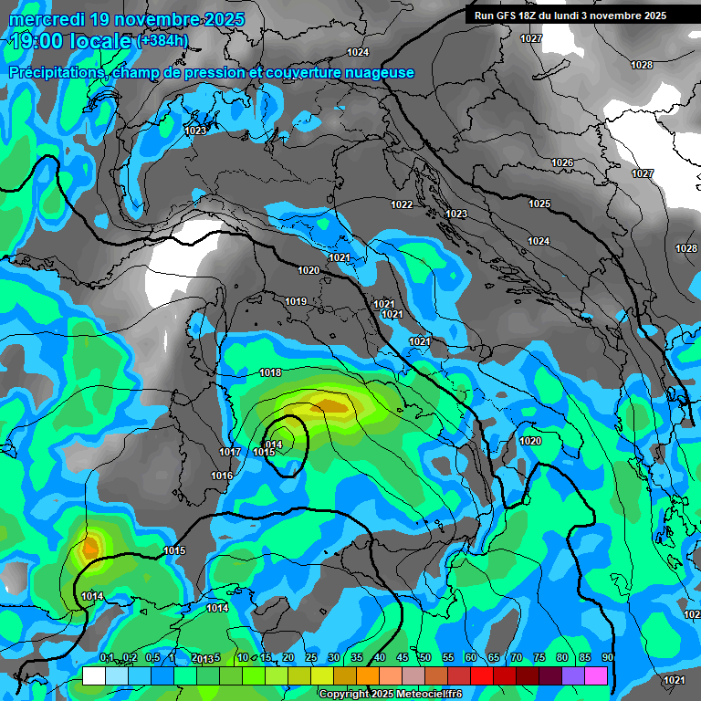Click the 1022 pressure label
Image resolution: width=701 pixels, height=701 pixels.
pyautogui.click(x=402, y=204)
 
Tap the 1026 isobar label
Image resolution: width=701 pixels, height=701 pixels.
pyautogui.click(x=562, y=162)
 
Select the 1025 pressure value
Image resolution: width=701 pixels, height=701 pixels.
pyautogui.click(x=539, y=204)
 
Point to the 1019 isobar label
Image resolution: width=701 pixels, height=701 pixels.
pyautogui.click(x=296, y=301)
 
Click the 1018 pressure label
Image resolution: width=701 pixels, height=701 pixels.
pyautogui.click(x=270, y=372)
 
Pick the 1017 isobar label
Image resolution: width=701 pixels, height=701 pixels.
pyautogui.click(x=230, y=452)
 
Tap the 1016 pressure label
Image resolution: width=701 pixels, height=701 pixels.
pyautogui.click(x=222, y=476)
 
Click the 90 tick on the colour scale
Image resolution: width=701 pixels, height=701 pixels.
pyautogui.click(x=607, y=657)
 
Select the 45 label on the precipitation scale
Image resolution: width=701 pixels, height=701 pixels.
pyautogui.click(x=403, y=657)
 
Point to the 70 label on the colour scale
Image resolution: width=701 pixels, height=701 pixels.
pyautogui.click(x=517, y=657)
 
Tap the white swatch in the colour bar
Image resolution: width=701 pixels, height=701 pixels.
pyautogui.click(x=93, y=675)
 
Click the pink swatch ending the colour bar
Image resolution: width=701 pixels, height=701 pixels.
pyautogui.click(x=596, y=675)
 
